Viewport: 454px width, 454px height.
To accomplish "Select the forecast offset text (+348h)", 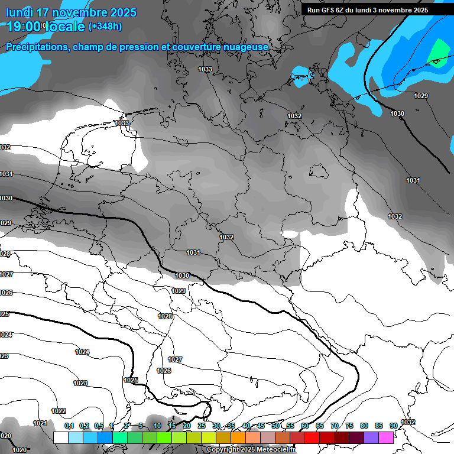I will point(105,27).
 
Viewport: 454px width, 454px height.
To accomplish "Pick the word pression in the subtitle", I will point(140,47).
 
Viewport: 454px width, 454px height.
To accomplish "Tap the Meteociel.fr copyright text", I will point(251,450).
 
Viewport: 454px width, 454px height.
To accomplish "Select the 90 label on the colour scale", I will point(393,426).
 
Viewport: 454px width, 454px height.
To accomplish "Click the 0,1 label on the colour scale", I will point(69,426).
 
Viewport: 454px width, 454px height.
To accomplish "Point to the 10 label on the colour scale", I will point(157,426).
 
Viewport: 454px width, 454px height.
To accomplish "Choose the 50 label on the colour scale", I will point(275,426).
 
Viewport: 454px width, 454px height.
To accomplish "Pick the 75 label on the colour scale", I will point(349,426).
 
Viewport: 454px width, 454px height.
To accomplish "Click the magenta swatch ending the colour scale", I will point(386,437).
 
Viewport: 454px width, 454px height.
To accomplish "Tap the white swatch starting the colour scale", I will point(60,437).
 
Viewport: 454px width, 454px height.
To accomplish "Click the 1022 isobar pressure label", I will point(59,411).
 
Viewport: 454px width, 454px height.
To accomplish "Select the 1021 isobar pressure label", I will point(40,423).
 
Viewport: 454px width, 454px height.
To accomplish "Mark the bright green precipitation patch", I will point(439,53).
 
